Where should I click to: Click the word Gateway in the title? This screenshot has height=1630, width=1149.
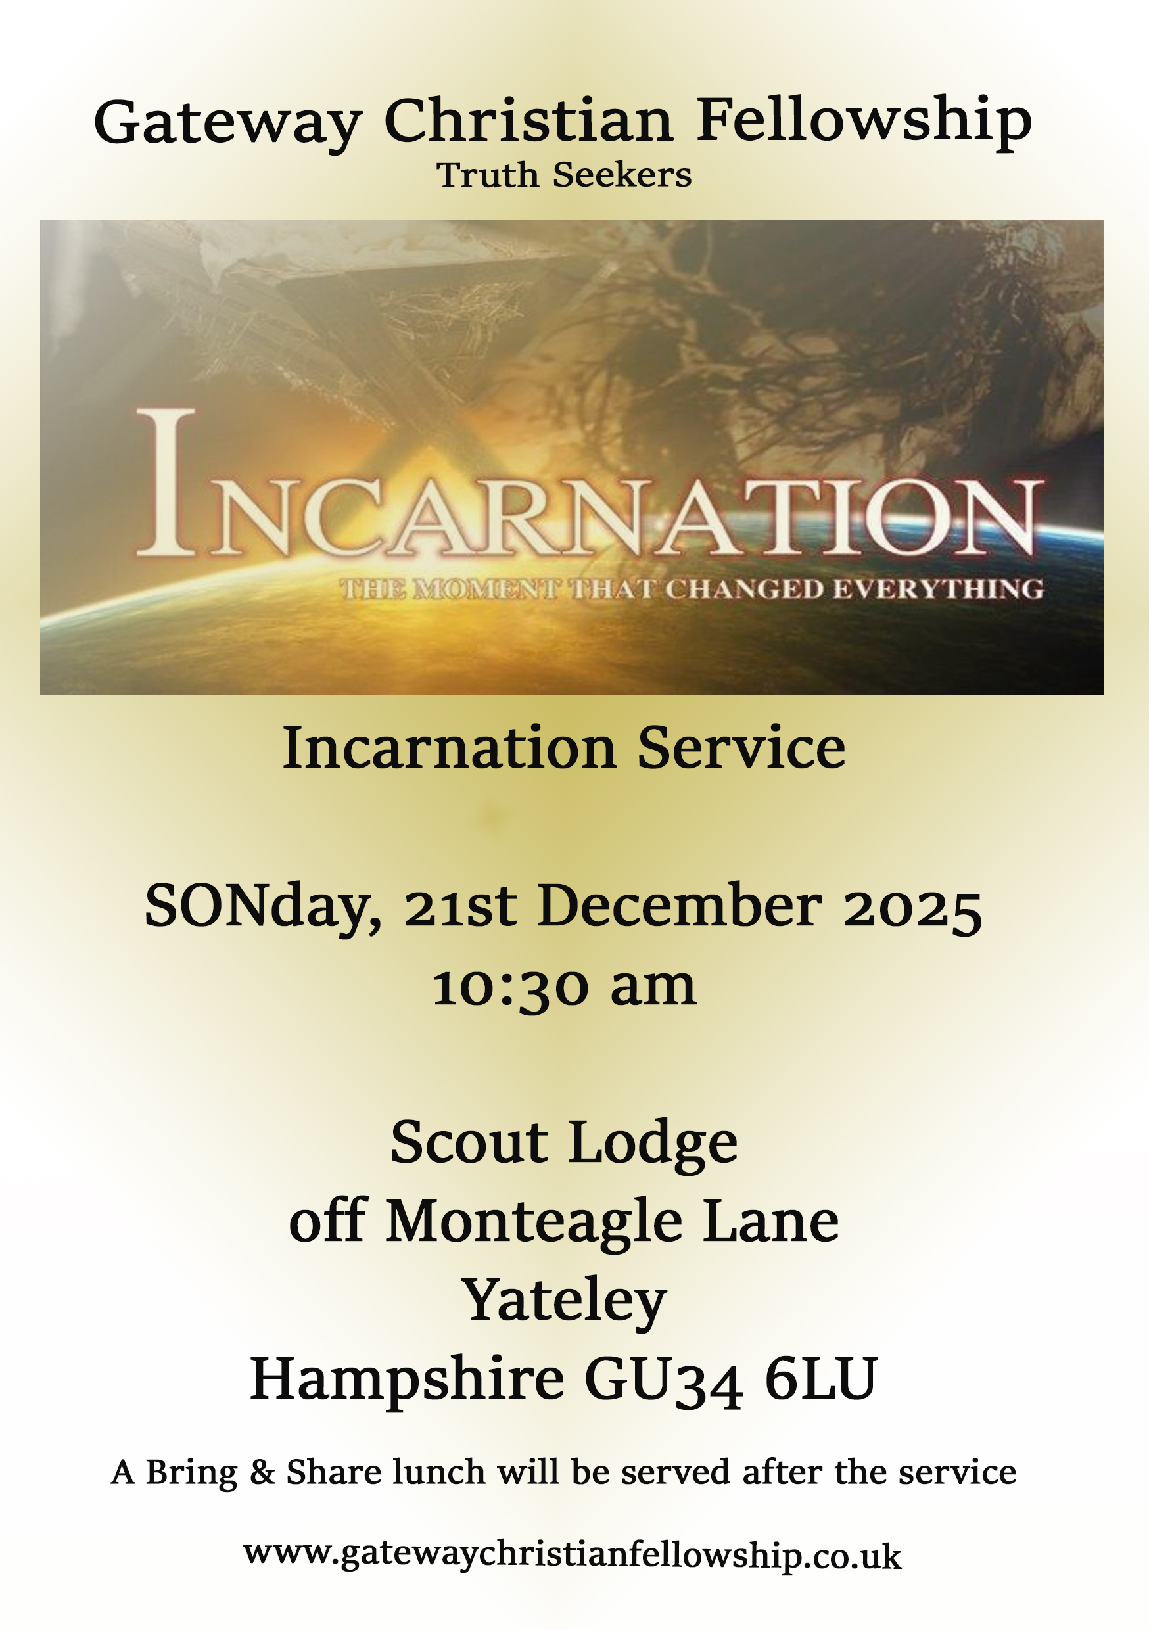227,122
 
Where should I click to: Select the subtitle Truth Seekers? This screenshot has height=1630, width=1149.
564,175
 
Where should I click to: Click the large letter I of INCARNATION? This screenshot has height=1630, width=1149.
166,482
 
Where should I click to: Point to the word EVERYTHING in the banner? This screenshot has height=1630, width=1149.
937,590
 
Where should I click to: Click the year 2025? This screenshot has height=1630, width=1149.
912,909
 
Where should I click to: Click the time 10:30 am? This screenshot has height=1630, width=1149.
564,987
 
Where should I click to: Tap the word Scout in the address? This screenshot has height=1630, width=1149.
469,1143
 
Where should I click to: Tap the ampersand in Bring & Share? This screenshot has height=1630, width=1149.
262,1472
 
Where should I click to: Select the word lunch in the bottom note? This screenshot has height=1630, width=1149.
438,1472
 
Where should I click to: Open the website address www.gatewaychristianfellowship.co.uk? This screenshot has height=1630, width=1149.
572,1555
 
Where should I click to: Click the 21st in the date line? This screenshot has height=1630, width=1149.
460,909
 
